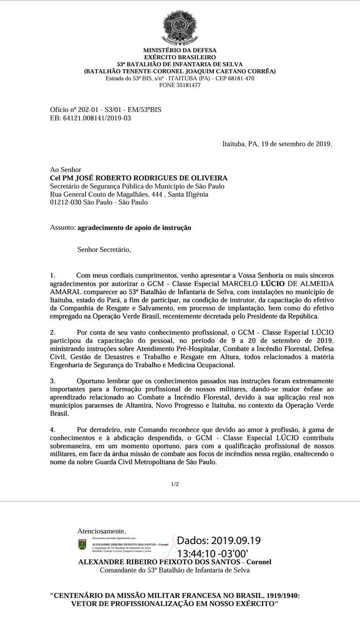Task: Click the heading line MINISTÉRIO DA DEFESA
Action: (180, 50)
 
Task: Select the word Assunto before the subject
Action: (62, 228)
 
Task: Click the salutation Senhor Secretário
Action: (104, 250)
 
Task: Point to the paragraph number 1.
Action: (53, 275)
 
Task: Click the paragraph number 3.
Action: (53, 381)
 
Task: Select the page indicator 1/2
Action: (175, 484)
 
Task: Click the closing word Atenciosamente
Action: (101, 531)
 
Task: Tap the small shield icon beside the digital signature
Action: (82, 544)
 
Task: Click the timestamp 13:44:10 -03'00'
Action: (213, 553)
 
